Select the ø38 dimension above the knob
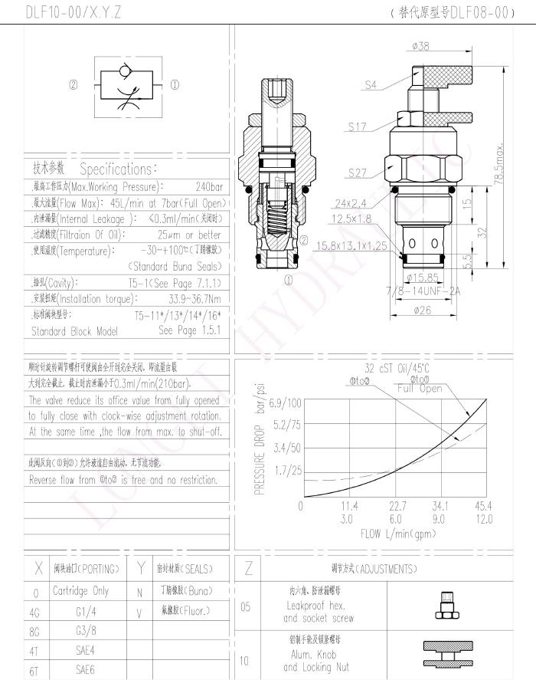point(420,47)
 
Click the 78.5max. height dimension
point(500,162)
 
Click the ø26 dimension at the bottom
point(420,310)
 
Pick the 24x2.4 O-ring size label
point(351,204)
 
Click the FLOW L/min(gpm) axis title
point(392,534)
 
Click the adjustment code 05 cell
point(246,607)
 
